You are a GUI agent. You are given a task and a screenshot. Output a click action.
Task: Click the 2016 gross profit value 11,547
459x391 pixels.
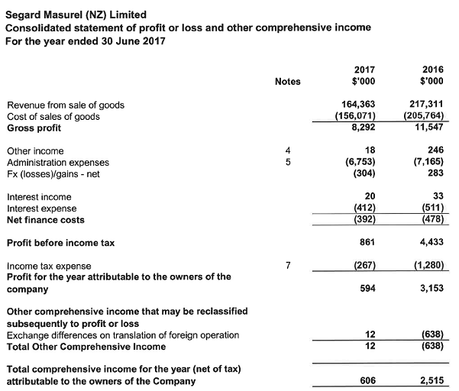[427, 128]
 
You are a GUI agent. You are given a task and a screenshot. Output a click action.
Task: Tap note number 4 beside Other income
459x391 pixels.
[287, 151]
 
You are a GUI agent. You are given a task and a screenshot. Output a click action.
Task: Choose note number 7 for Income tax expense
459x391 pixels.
[287, 266]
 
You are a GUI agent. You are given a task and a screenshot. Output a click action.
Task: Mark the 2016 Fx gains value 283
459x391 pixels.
[435, 173]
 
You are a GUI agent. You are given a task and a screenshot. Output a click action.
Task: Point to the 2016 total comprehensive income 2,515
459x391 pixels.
[429, 381]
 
